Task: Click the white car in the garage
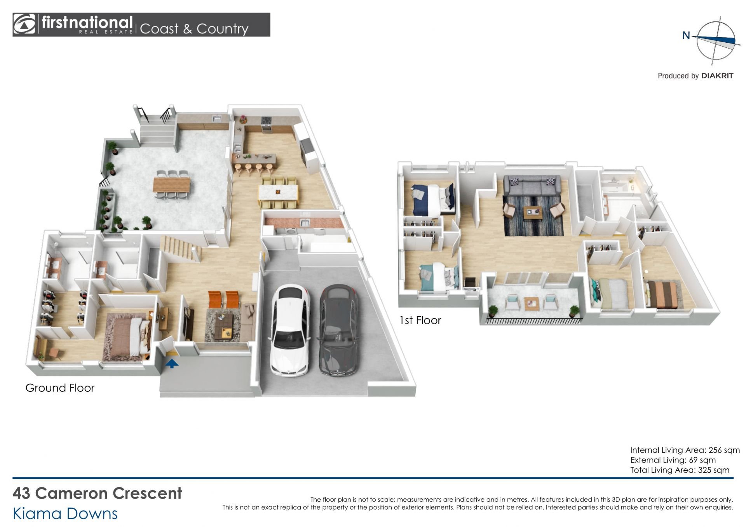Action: coord(290,330)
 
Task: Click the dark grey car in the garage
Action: coord(338,330)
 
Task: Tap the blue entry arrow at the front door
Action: coord(172,363)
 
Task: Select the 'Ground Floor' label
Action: coord(60,388)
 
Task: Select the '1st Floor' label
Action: coord(420,320)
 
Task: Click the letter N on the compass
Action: coord(686,36)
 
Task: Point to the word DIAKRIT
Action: coord(717,76)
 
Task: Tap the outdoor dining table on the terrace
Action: coord(172,184)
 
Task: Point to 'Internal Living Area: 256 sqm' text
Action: coord(685,450)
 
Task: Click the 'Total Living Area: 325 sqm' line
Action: coord(680,470)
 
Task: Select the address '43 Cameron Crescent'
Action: coord(97,493)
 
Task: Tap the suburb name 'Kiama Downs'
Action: coord(65,513)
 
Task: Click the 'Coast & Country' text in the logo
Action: coord(194,29)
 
